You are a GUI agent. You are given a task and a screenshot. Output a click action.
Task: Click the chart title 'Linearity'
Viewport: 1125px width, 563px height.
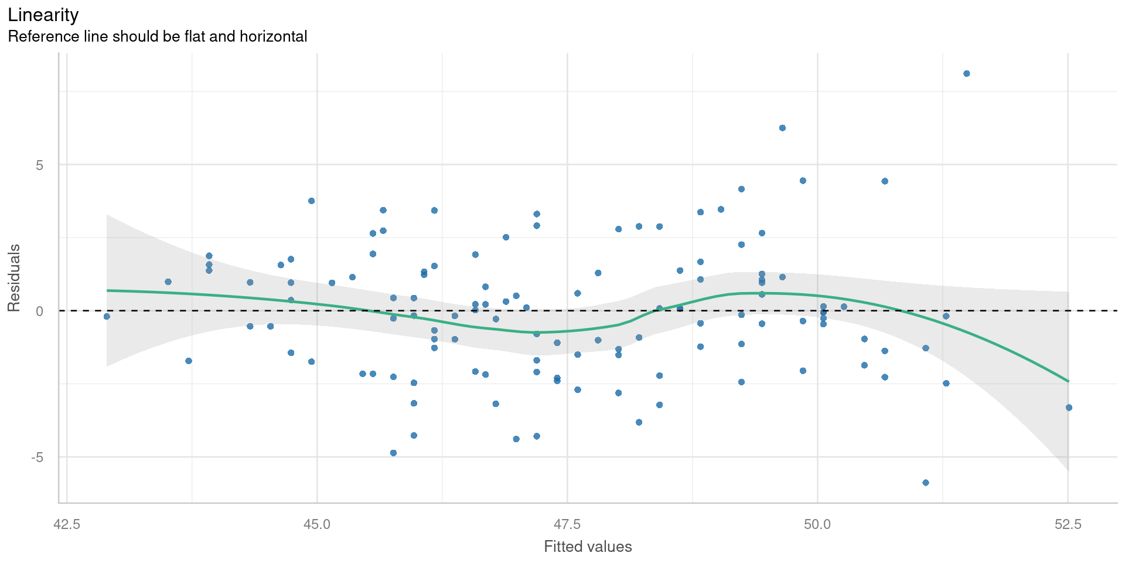coord(43,15)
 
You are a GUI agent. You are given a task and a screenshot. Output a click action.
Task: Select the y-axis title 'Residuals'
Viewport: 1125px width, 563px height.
coord(13,278)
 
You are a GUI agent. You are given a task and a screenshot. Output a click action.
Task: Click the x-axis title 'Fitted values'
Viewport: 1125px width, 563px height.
coord(588,547)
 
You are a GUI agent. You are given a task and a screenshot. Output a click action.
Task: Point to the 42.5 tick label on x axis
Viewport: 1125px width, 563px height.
coord(67,524)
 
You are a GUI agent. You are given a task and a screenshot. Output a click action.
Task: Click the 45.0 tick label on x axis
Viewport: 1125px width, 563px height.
coord(317,524)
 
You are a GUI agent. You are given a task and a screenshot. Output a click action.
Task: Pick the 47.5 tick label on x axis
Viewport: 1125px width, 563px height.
coord(567,524)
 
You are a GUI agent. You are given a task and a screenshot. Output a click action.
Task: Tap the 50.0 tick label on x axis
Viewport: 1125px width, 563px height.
coord(817,524)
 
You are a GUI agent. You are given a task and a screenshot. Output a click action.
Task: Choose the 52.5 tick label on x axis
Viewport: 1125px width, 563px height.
coord(1068,524)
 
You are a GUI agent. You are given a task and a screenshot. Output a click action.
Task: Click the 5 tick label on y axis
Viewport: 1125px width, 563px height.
coord(40,165)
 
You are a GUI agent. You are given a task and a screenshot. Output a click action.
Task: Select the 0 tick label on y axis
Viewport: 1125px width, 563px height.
coord(40,311)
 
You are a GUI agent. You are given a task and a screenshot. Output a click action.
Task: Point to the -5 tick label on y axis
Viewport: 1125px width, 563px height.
coord(37,457)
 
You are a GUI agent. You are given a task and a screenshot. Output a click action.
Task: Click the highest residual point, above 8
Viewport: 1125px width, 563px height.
coord(966,73)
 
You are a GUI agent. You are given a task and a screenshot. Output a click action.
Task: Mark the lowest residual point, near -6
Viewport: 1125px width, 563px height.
coord(926,483)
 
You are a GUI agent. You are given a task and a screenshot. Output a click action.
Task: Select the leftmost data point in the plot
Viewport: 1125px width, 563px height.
coord(107,316)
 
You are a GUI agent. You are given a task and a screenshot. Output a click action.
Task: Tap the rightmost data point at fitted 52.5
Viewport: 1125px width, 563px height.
coord(1068,408)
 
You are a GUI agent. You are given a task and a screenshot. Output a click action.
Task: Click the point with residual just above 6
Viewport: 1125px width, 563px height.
coord(782,128)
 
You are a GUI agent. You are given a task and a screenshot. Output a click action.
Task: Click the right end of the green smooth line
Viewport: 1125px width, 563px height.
coord(1068,381)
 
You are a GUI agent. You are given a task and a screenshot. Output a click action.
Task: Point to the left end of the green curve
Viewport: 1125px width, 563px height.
coord(107,290)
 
